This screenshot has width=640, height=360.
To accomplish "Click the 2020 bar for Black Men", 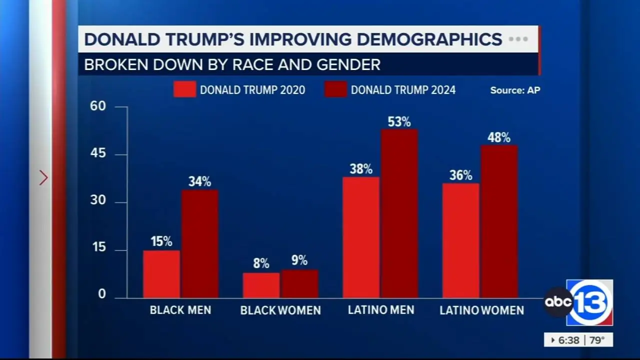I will coord(161,274).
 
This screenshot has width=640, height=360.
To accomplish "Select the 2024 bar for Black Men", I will coord(199,244).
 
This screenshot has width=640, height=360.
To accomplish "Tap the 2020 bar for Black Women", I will coord(261,285).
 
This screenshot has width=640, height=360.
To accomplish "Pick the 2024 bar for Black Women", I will coord(299,284).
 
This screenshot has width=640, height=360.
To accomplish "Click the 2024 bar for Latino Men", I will coord(399,213).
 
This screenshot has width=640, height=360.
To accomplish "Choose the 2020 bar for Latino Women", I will coord(460,240).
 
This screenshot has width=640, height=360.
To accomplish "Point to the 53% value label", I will coord(399,121).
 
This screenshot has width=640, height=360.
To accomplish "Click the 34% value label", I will coord(199,181).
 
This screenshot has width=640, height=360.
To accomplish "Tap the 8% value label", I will coord(261,263).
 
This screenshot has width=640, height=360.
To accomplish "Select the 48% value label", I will coord(499,137).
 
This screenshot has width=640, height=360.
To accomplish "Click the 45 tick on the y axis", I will coord(98,153).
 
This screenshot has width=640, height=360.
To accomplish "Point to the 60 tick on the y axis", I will coord(98,106).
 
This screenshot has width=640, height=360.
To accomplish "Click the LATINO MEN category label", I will coord(381,310).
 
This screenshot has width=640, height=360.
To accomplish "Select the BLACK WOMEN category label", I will coord(280,310).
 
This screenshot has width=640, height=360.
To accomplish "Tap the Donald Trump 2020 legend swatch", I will coord(184,89).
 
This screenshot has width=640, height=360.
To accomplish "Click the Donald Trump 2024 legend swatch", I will coord(335,89).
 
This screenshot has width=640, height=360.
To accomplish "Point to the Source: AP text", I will coord(515,90).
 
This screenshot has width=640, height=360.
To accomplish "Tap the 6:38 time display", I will coord(569,340).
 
